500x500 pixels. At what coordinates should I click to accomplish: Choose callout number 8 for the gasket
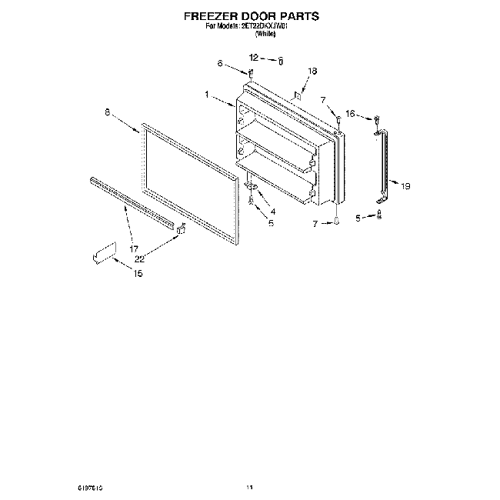click(x=107, y=112)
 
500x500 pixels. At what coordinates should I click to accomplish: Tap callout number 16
click(x=350, y=114)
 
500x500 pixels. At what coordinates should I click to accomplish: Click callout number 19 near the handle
click(x=406, y=185)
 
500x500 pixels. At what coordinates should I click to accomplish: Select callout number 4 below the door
click(x=272, y=212)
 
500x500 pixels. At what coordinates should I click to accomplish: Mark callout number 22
click(x=140, y=258)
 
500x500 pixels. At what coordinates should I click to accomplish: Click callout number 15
click(x=138, y=275)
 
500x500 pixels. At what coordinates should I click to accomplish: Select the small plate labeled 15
click(x=102, y=253)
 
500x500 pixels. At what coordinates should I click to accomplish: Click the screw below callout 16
click(x=377, y=120)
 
